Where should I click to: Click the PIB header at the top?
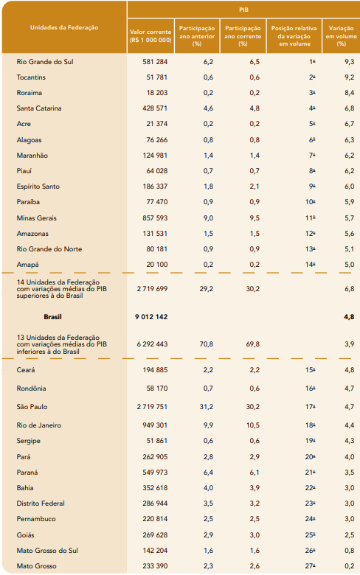243,10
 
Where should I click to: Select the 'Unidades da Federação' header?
64,27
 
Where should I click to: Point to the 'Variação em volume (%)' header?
342,36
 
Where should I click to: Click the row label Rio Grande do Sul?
45,62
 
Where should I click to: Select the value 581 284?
155,62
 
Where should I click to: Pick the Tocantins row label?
31,77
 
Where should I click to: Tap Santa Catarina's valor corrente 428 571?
155,108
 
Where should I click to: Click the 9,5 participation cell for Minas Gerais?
255,217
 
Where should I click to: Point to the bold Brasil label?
52,317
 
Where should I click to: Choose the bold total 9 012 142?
151,317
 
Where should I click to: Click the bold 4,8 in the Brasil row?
349,317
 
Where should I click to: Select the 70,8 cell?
207,344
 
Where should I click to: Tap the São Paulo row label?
32,407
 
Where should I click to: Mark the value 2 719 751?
152,407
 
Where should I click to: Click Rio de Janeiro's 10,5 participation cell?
253,425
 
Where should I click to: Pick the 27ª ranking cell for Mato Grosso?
310,566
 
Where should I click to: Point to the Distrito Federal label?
41,503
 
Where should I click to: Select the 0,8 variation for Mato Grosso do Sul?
350,551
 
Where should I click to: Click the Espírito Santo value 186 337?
155,187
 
